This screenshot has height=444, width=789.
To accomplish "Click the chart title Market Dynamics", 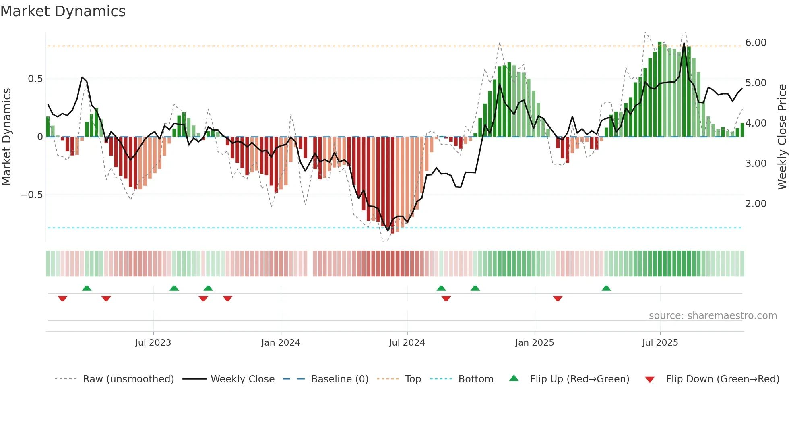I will click(63, 11).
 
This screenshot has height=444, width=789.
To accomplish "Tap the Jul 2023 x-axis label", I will click(153, 343).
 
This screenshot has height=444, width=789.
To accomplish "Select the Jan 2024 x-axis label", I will click(281, 343).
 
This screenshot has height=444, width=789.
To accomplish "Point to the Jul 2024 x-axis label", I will click(407, 343).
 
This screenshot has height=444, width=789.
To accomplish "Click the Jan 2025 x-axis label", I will click(535, 343).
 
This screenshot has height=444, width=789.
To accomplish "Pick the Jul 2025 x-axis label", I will click(660, 343).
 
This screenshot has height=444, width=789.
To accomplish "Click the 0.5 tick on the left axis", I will click(35, 79).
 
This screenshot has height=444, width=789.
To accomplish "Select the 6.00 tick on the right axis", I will click(756, 43).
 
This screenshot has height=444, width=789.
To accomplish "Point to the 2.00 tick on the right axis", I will click(756, 204).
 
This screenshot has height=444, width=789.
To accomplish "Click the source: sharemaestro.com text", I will click(713, 316).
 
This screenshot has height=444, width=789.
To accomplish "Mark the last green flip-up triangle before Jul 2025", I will click(606, 288).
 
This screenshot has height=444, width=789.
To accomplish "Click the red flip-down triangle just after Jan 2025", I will click(558, 299).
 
